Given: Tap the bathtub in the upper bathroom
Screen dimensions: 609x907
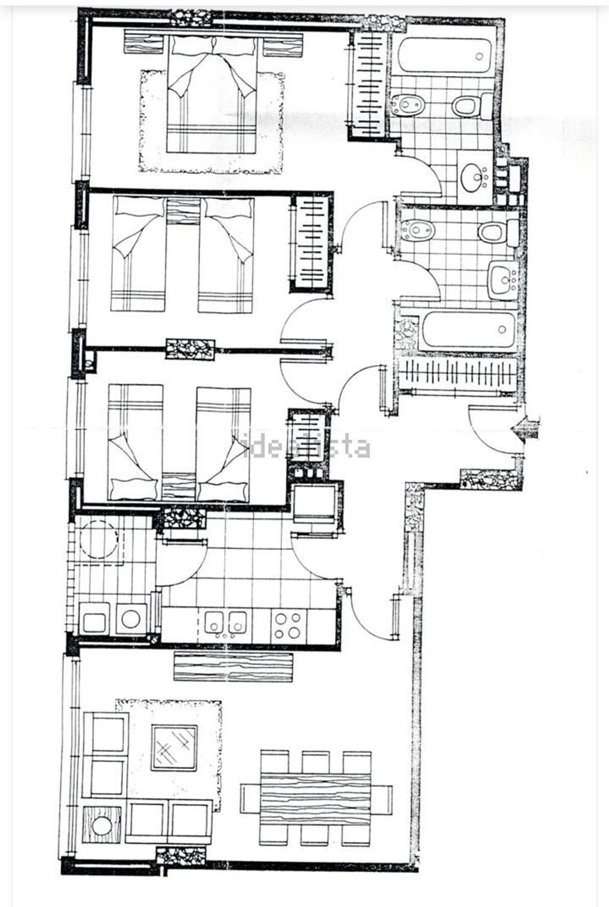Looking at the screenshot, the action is click(445, 56).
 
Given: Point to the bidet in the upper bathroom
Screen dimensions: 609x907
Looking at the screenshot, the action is click(408, 106).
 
